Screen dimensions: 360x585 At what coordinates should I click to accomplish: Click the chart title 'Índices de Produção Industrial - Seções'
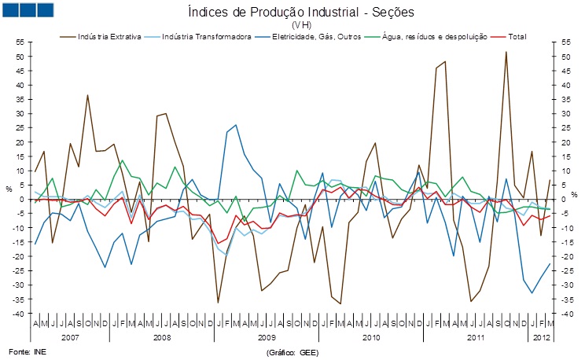pyautogui.click(x=300, y=13)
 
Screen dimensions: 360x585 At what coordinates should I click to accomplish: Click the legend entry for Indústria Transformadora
pyautogui.click(x=207, y=36)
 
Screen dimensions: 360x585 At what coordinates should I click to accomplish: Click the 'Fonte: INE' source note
pyautogui.click(x=27, y=351)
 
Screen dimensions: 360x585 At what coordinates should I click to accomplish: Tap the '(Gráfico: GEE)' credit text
pyautogui.click(x=292, y=352)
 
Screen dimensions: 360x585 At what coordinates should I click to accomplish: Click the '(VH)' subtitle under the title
pyautogui.click(x=300, y=24)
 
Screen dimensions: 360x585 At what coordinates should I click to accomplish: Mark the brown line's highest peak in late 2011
pyautogui.click(x=506, y=52)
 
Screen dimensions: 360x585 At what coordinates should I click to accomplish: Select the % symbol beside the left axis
pyautogui.click(x=9, y=189)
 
